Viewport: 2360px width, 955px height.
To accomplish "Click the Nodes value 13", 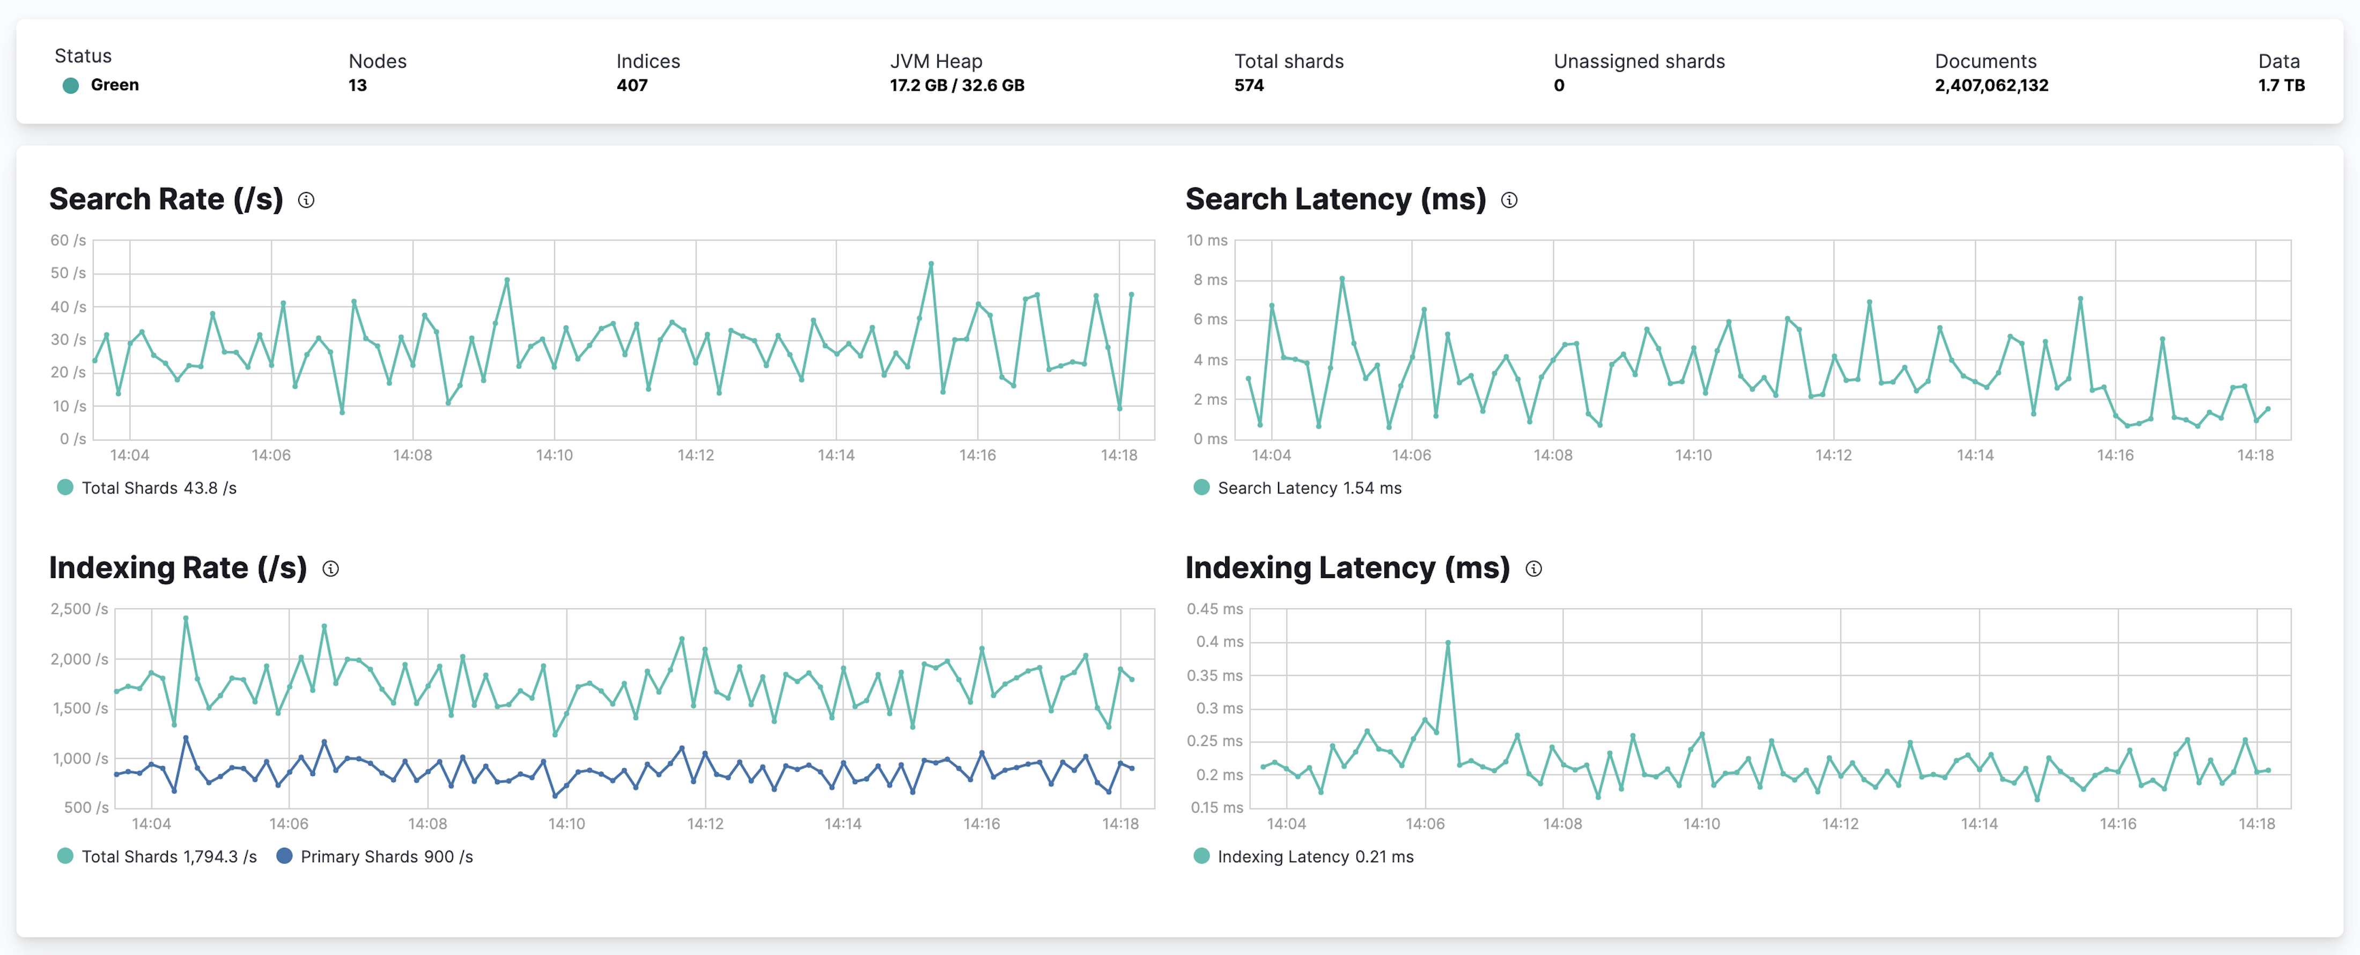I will [x=357, y=85].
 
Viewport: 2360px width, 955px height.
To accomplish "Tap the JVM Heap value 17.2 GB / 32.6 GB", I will [x=956, y=85].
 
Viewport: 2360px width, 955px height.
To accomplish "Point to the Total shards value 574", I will [x=1249, y=85].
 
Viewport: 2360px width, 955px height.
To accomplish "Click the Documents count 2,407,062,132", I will [x=1991, y=85].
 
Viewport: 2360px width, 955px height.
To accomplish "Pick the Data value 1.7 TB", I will [x=2280, y=85].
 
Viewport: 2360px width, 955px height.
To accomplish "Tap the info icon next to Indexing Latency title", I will [x=1533, y=568].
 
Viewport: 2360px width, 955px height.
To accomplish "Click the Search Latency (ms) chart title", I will [x=1335, y=199].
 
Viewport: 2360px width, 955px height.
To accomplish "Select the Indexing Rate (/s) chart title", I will [x=178, y=568].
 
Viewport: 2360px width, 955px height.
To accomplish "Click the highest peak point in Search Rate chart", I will [x=931, y=264].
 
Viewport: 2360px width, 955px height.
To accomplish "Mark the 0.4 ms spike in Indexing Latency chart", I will [x=1448, y=643].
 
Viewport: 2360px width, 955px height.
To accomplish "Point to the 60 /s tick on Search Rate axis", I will [x=68, y=240].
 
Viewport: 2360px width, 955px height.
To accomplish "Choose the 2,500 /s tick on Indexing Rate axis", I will [x=79, y=609].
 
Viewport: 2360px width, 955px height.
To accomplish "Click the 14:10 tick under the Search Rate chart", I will [x=554, y=455].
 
